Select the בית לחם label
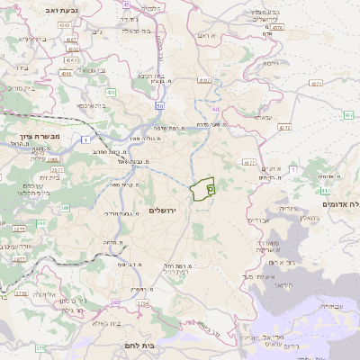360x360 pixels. tap(161, 344)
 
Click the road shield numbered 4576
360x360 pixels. tap(277, 28)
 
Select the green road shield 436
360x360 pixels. tap(111, 92)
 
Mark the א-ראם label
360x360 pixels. tap(206, 33)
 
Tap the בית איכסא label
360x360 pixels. tap(93, 106)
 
